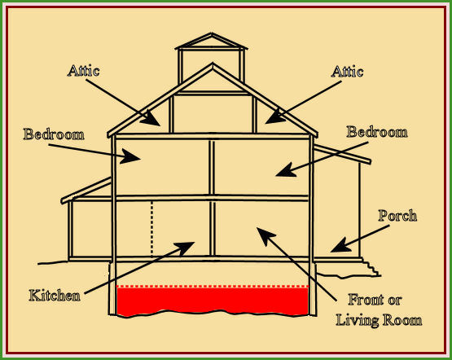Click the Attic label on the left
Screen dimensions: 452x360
[84, 71]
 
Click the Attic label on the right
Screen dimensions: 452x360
[347, 71]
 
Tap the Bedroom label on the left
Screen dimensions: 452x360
[54, 134]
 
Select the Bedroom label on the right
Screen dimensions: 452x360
[377, 132]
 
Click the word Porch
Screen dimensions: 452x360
[397, 216]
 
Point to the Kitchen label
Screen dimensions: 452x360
[55, 296]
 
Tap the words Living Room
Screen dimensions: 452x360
[379, 321]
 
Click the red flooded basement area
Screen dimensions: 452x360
[213, 301]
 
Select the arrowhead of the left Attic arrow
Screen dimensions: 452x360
[151, 118]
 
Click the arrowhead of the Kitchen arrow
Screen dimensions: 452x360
[185, 248]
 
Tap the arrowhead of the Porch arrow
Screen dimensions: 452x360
[341, 246]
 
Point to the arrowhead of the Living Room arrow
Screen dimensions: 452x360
[265, 235]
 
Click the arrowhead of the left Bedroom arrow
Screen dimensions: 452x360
[130, 156]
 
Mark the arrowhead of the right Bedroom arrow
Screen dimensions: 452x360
[286, 170]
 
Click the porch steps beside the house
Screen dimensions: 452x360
[372, 268]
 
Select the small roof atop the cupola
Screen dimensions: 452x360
[211, 42]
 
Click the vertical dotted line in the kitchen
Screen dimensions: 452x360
[152, 229]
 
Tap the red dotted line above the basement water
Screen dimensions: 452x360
[213, 287]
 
